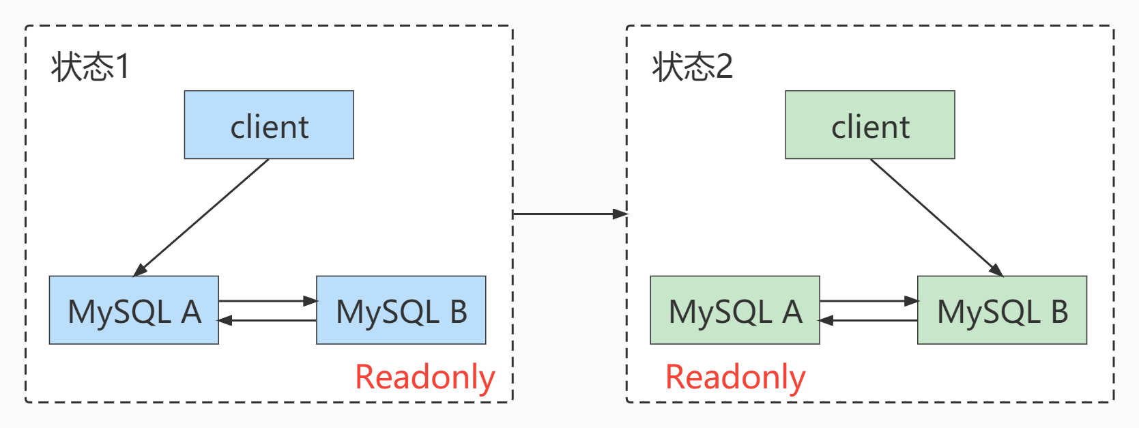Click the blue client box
[x=269, y=125]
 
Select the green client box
[x=869, y=125]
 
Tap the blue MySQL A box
[x=134, y=310]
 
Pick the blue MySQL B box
[x=401, y=310]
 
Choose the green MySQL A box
[x=734, y=310]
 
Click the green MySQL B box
[x=1002, y=310]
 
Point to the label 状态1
[x=90, y=67]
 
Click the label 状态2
[x=692, y=67]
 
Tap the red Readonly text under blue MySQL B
[x=424, y=377]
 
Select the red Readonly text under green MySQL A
[x=735, y=377]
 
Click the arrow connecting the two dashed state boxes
[x=569, y=214]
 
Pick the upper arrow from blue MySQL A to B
[x=268, y=300]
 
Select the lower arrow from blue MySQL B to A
[x=268, y=319]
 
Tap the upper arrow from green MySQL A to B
[x=868, y=300]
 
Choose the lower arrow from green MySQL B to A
[x=868, y=319]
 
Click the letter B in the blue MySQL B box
[x=458, y=312]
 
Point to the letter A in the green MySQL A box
[x=792, y=312]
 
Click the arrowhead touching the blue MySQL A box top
[x=141, y=270]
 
